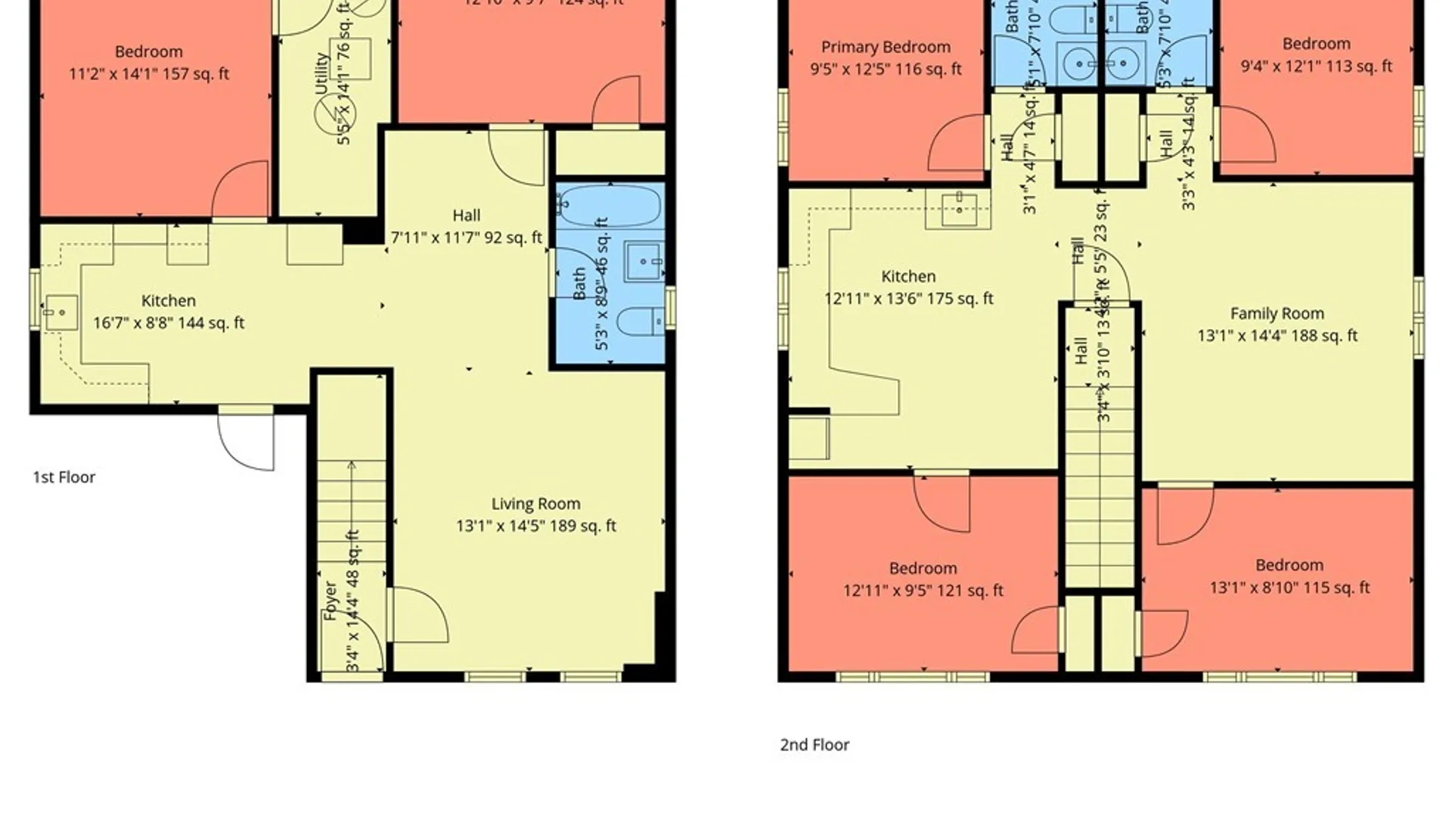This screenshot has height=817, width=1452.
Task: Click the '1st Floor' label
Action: [x=64, y=477]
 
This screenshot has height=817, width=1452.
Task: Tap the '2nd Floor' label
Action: [x=814, y=745]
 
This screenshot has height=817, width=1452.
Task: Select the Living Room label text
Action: [x=535, y=504]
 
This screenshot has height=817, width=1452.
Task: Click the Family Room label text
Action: [x=1277, y=313]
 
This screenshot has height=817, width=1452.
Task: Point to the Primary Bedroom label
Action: [x=886, y=47]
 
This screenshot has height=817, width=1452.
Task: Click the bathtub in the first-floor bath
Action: [x=610, y=207]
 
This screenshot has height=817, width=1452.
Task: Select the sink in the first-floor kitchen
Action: [x=61, y=312]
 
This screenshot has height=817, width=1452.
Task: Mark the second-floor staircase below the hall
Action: [x=1100, y=484]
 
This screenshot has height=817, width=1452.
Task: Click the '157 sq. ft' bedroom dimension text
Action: [x=149, y=74]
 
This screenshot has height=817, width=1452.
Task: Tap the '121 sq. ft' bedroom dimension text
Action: [x=923, y=591]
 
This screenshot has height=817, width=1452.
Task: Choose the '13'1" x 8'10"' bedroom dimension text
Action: [x=1289, y=588]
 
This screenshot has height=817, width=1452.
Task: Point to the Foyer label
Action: [x=330, y=601]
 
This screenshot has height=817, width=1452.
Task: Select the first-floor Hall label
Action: [x=466, y=216]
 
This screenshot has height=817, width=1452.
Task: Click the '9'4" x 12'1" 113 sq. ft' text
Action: [x=1316, y=67]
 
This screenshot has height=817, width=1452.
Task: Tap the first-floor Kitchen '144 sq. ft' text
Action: [x=169, y=323]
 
